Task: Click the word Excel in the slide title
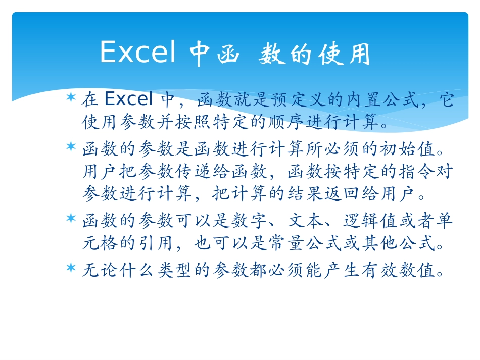point(138,53)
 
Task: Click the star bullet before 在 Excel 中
point(71,96)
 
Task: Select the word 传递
point(175,172)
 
